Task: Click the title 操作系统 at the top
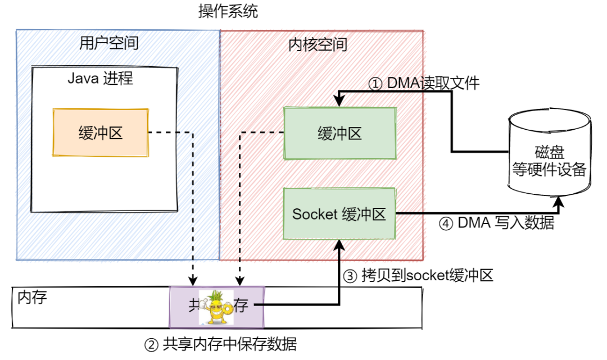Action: [x=228, y=11]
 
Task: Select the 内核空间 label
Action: [x=318, y=44]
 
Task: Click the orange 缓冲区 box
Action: [x=101, y=133]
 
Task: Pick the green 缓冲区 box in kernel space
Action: [x=339, y=133]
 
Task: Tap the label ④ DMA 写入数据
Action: [x=496, y=223]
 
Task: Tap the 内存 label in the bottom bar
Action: [x=32, y=297]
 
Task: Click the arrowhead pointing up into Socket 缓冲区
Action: [x=339, y=243]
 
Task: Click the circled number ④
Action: [x=446, y=223]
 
